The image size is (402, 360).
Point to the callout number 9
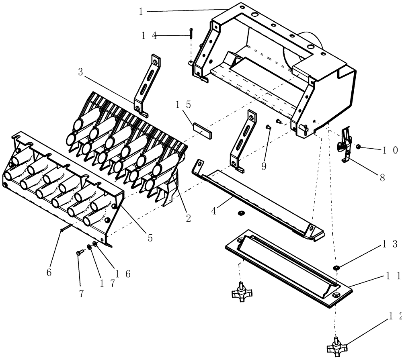tap(264, 166)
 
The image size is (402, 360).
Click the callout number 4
tap(214, 211)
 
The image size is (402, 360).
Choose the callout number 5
tap(150, 238)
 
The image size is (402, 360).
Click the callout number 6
tap(49, 272)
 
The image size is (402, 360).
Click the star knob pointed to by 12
tap(336, 345)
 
